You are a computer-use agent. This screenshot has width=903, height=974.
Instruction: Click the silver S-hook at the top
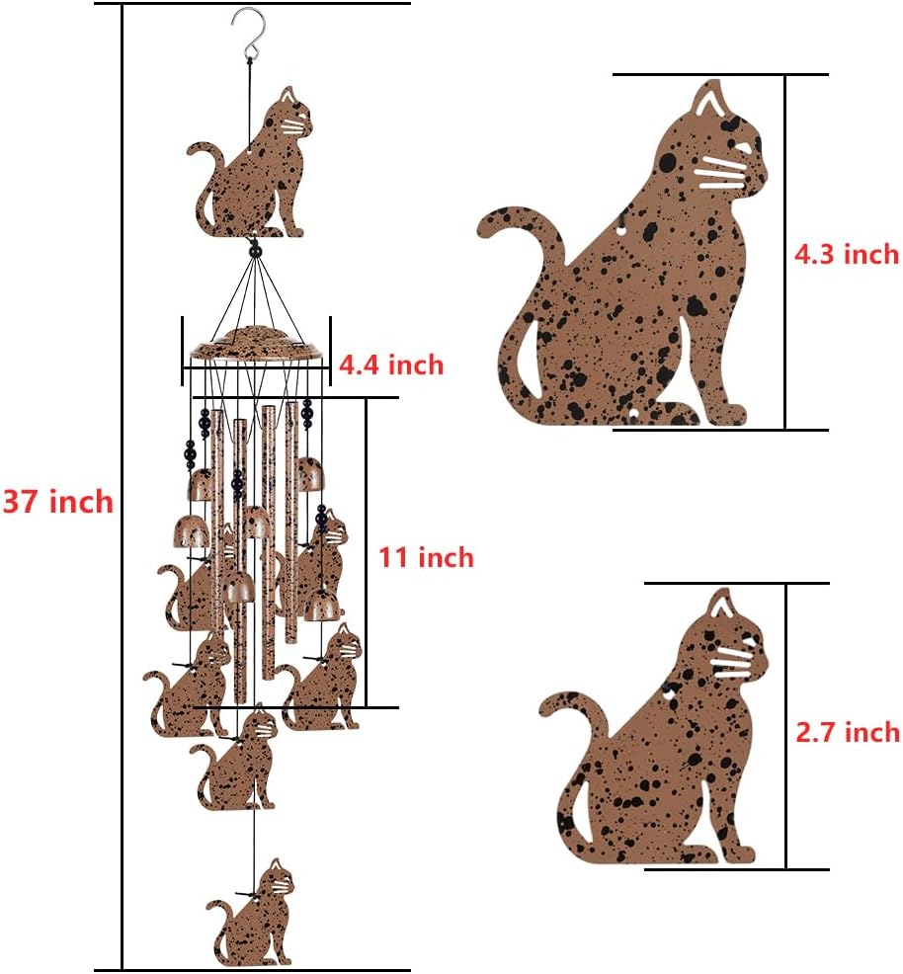point(245,30)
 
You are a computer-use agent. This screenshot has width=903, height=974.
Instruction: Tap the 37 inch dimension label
point(57,502)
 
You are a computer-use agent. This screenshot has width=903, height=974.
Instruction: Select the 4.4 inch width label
point(391,365)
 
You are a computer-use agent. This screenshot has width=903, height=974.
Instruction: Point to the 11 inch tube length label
point(426,557)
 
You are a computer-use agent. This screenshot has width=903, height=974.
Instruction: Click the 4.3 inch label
point(847,254)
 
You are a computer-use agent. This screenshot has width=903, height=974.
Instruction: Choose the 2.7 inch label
point(848,731)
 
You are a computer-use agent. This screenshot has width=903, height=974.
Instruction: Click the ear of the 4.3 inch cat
point(710,101)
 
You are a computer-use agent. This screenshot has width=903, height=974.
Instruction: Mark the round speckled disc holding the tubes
point(257,345)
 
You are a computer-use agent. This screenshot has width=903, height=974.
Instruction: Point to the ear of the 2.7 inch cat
point(721,605)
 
